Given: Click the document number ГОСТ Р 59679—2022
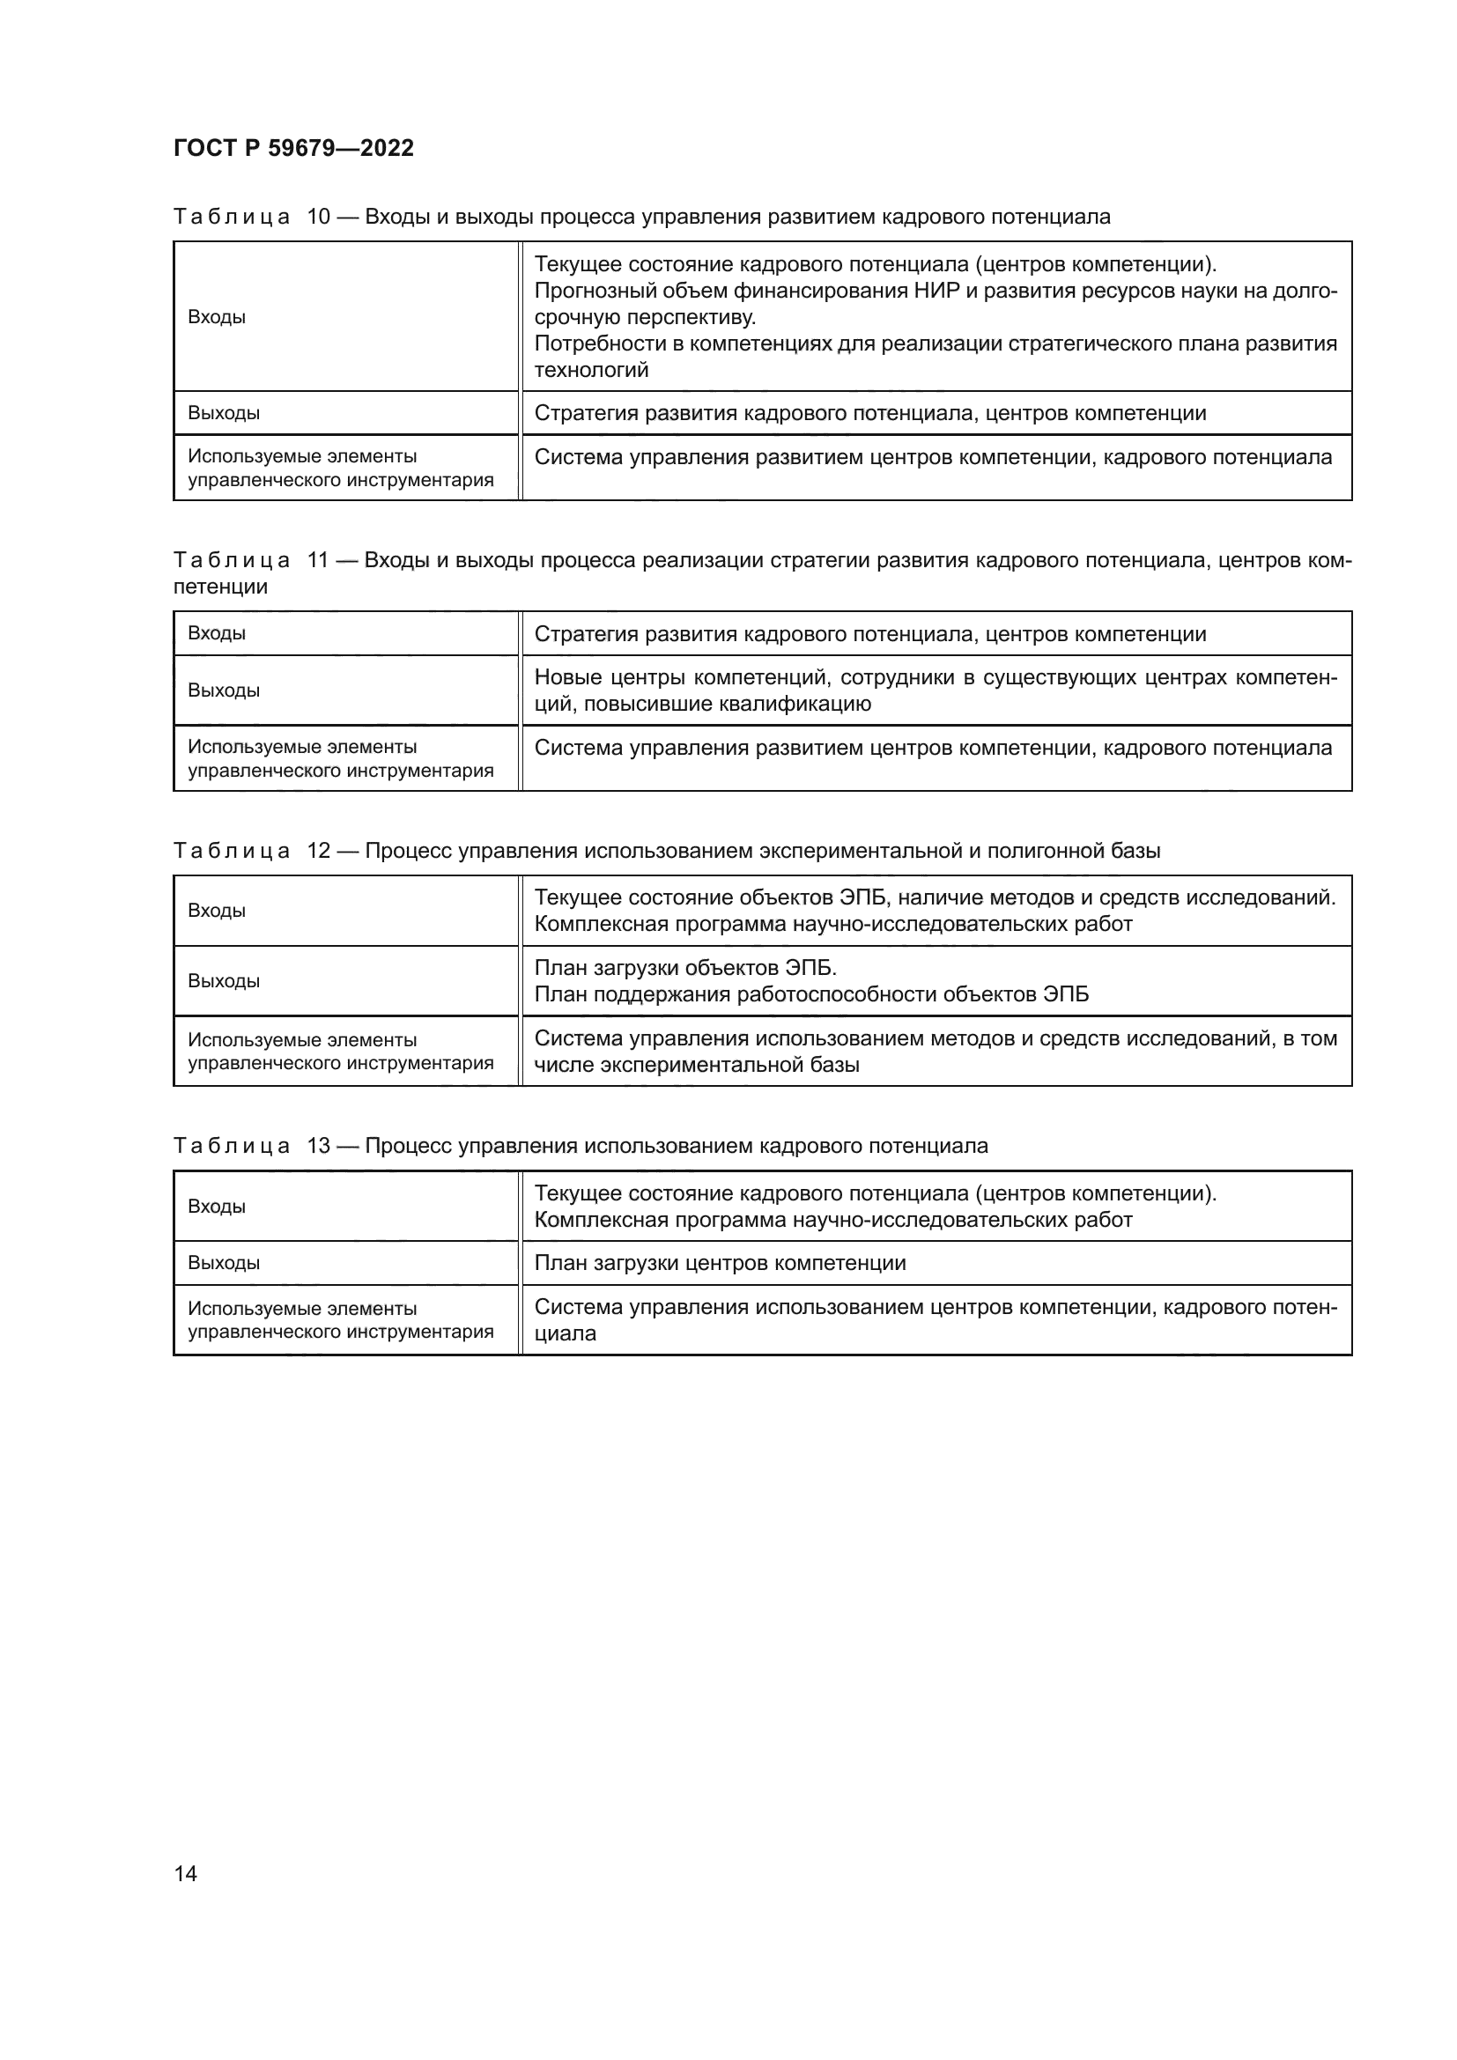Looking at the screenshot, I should pyautogui.click(x=293, y=148).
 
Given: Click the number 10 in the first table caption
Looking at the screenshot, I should pyautogui.click(x=319, y=218).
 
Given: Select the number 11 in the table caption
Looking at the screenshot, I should pyautogui.click(x=319, y=561).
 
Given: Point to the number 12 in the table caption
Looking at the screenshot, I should pyautogui.click(x=319, y=851).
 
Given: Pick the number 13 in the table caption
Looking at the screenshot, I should pyautogui.click(x=319, y=1146).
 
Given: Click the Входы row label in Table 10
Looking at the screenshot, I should pyautogui.click(x=216, y=317).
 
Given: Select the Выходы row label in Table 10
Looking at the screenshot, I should pyautogui.click(x=224, y=414).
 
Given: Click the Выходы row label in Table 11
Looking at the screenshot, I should pyautogui.click(x=224, y=690).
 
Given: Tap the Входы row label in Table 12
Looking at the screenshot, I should pyautogui.click(x=216, y=911).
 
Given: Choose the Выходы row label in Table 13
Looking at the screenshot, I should pyautogui.click(x=224, y=1263).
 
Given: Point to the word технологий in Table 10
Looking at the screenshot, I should pyautogui.click(x=590, y=371).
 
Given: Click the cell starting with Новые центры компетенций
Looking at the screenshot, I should pyautogui.click(x=935, y=690).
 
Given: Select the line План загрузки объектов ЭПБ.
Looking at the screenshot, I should pyautogui.click(x=684, y=968).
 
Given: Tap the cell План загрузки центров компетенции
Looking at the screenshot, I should pyautogui.click(x=720, y=1263).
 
